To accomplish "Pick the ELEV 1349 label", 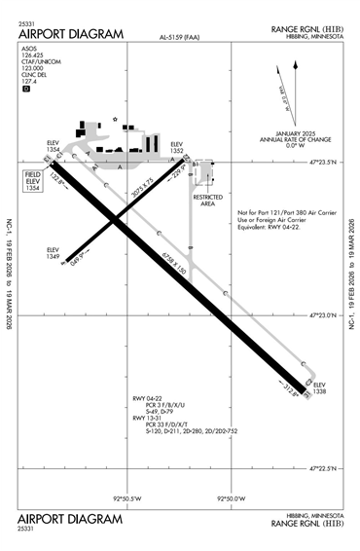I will coord(54,254).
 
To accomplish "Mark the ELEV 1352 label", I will coord(177,148).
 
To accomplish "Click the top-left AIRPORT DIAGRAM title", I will coord(71,34).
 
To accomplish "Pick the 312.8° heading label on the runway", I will coord(291,393).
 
